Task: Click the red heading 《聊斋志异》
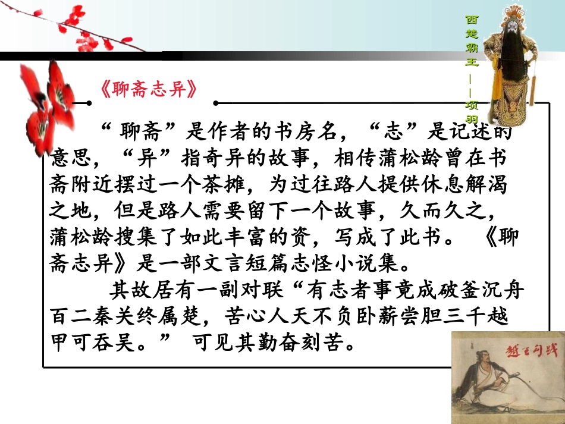(147, 90)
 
